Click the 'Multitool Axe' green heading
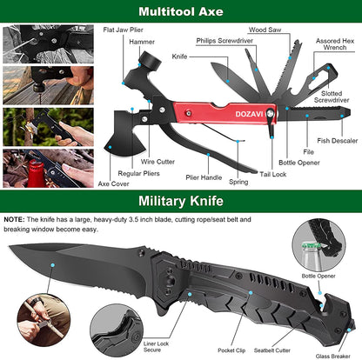(x=180, y=12)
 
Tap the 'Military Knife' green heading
(x=181, y=203)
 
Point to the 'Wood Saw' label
(x=264, y=30)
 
